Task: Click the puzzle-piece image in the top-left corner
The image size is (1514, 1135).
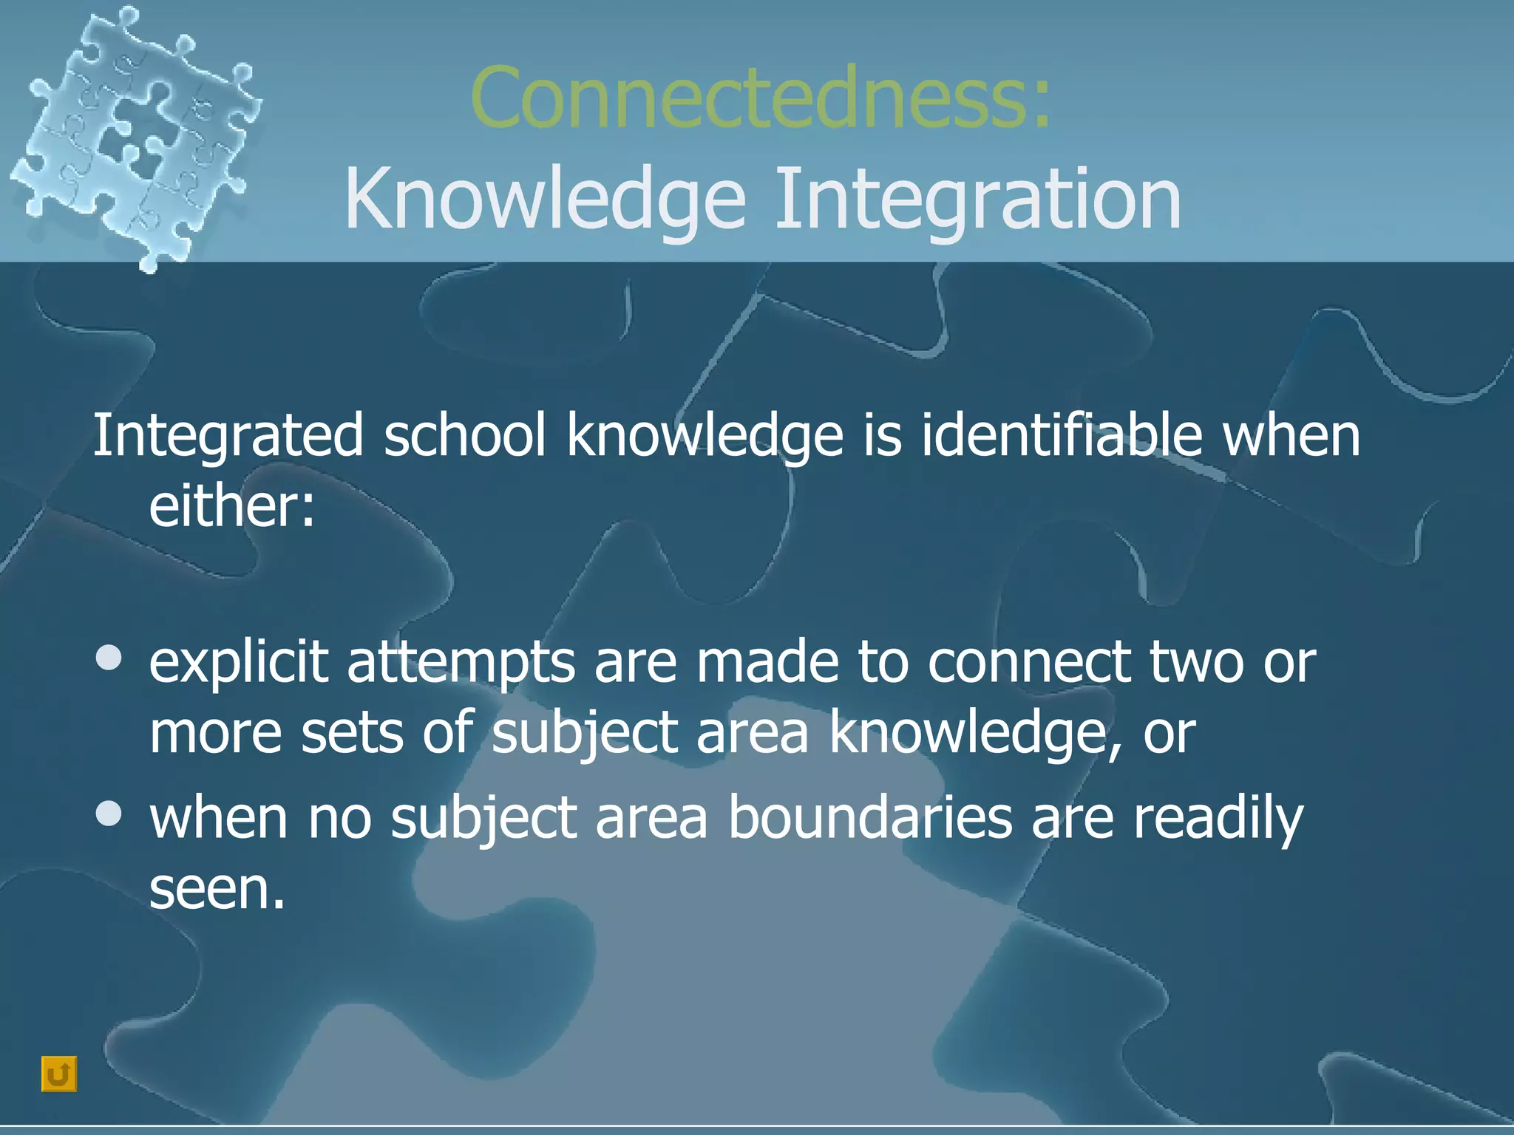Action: pyautogui.click(x=133, y=133)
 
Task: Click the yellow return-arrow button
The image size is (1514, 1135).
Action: pyautogui.click(x=59, y=1074)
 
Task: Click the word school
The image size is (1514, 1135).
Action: pyautogui.click(x=464, y=436)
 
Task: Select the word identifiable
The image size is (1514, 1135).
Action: pyautogui.click(x=1062, y=436)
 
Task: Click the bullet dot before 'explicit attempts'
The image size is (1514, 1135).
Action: pyautogui.click(x=109, y=658)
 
